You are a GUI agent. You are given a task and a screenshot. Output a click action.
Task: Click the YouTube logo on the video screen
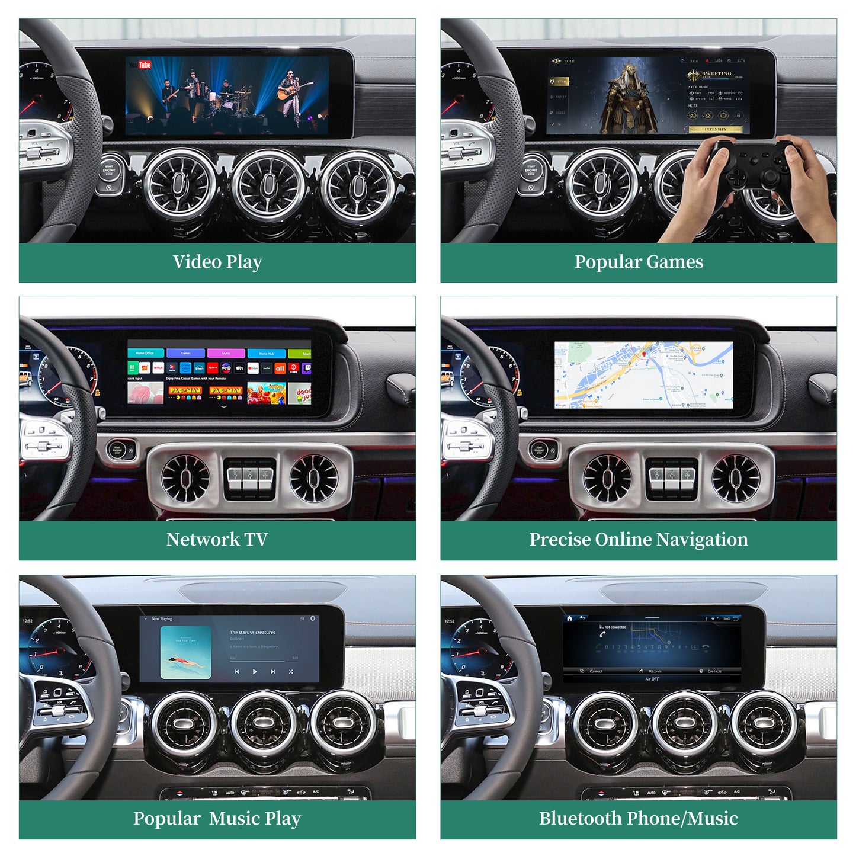point(140,65)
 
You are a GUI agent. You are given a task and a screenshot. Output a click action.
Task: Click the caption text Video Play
point(217,262)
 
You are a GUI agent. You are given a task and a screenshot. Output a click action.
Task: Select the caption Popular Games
point(639,262)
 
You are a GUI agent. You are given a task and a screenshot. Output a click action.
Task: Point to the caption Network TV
point(217,540)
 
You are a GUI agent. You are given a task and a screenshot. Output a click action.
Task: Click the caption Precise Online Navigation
point(639,540)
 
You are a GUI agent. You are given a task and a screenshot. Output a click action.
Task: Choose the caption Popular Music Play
point(217,819)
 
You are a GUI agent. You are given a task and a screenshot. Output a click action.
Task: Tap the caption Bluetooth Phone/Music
point(639,819)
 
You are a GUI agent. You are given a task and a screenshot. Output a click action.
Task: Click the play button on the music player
point(255,672)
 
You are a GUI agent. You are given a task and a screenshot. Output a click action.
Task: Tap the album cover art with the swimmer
point(186,652)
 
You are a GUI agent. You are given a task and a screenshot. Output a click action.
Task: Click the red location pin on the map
point(644,354)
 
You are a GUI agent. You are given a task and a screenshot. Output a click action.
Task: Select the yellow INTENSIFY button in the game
point(716,129)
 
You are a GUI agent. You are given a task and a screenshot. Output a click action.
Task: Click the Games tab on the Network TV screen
point(185,353)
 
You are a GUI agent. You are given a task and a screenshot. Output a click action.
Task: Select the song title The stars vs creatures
point(252,633)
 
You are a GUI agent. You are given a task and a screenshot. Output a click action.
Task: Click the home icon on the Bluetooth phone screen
point(569,618)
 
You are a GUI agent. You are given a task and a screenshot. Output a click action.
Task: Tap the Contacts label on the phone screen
point(714,671)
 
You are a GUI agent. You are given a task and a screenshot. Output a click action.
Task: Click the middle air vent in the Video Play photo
point(268,184)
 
